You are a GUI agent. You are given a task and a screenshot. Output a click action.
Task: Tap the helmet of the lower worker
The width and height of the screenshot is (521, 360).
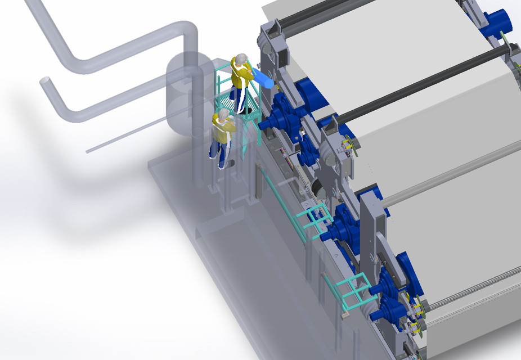[223, 114]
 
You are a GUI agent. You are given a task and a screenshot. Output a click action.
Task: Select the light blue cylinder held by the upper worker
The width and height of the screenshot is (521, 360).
[263, 78]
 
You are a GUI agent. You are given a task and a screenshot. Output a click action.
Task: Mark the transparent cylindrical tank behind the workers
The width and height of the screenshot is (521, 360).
[183, 93]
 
